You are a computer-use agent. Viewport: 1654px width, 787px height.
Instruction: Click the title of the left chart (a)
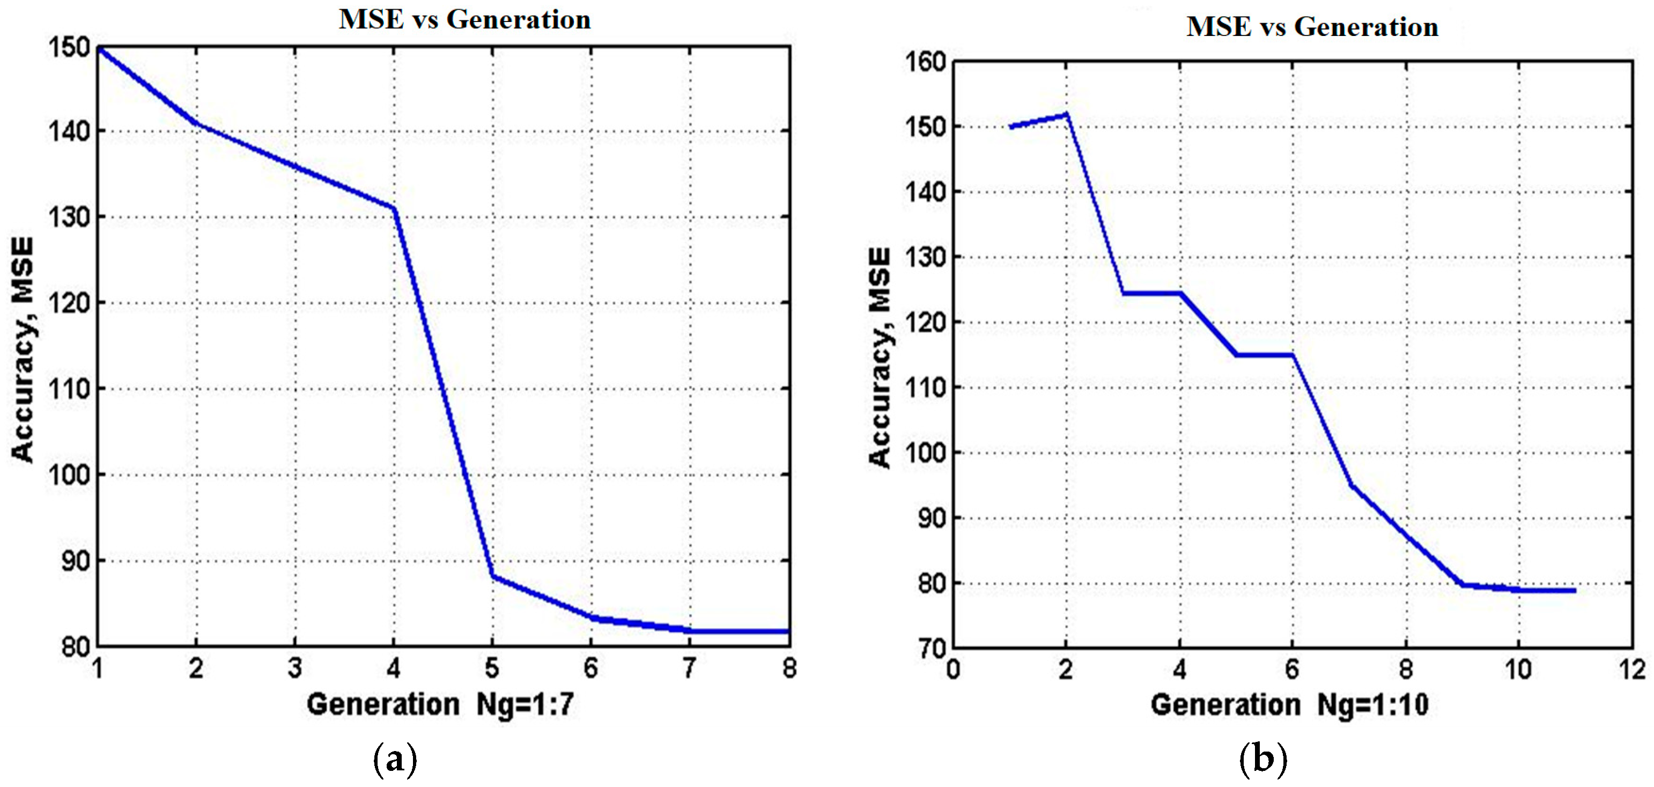coord(464,20)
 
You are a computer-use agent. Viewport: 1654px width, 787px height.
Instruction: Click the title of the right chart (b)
coord(1312,27)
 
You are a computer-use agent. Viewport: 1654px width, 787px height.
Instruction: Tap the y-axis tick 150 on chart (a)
coord(69,48)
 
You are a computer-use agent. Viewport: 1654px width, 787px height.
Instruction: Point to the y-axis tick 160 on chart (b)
coord(925,62)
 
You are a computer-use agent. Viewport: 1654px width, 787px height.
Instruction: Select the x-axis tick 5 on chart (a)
coord(492,668)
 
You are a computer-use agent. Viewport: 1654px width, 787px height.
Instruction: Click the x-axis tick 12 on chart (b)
coord(1631,669)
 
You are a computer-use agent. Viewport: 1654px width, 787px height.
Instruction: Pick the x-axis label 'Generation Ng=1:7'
coord(440,705)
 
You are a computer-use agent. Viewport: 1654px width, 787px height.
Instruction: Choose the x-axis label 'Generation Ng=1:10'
coord(1289,705)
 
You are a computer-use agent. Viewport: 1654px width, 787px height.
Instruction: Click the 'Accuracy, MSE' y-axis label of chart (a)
coord(23,350)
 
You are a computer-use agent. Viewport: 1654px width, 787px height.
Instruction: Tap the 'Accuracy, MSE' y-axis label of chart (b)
coord(880,358)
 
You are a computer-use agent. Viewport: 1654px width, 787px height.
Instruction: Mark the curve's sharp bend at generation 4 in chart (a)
coord(394,208)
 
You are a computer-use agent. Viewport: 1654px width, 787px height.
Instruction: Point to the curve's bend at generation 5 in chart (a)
coord(492,576)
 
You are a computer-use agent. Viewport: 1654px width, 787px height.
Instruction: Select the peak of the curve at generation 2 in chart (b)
coord(1067,114)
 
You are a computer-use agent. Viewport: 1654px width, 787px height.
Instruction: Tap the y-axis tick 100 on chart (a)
coord(69,475)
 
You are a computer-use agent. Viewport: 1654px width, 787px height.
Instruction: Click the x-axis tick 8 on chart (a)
coord(789,668)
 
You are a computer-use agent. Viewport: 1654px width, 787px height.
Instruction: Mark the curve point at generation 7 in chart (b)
coord(1350,485)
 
